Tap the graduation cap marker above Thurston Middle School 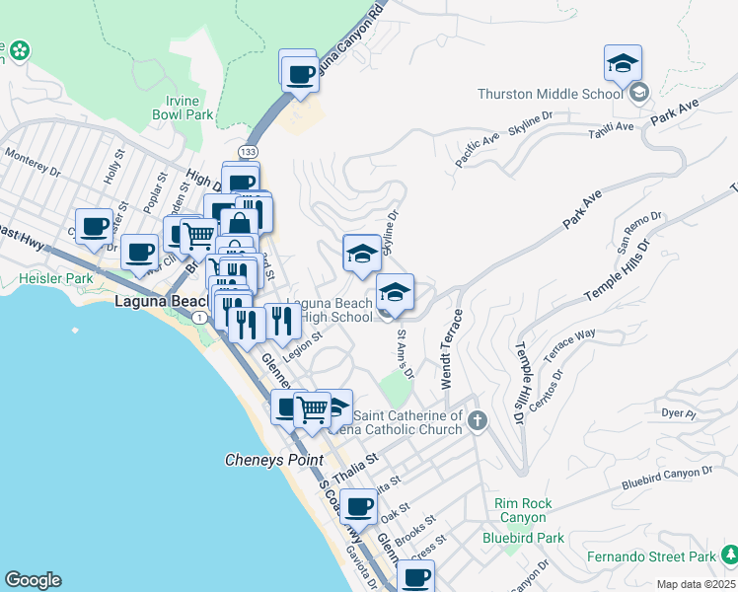pos(623,64)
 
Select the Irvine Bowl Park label pos(183,108)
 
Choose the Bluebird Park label pos(523,538)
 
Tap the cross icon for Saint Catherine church pos(477,421)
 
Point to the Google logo pos(33,580)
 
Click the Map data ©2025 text pos(696,584)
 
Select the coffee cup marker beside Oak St pos(357,506)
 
